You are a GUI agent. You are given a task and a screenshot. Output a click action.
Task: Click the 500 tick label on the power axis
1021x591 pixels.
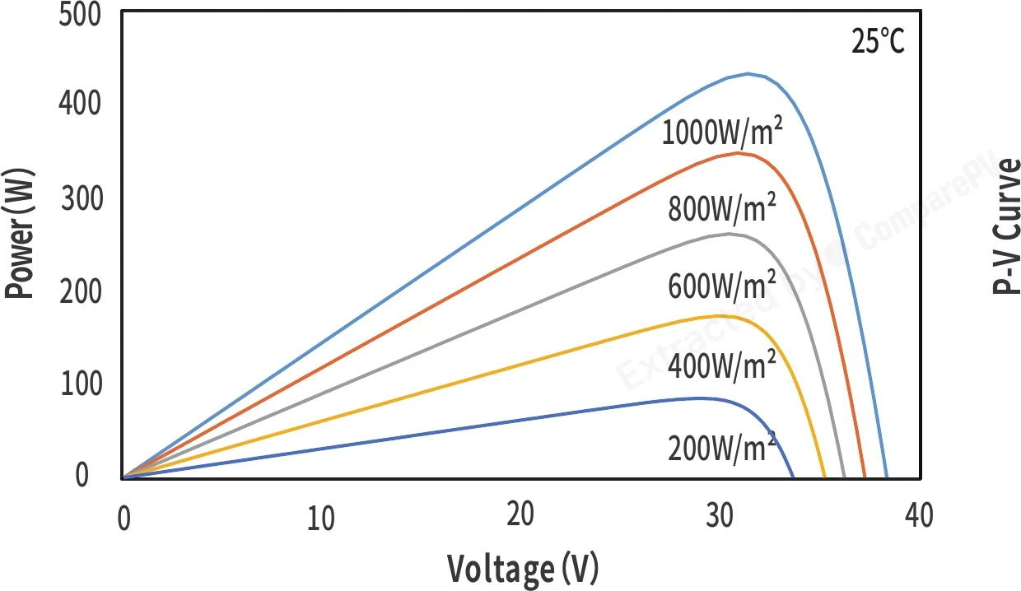coord(80,15)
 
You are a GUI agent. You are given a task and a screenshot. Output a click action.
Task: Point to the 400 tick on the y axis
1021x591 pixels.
coord(80,103)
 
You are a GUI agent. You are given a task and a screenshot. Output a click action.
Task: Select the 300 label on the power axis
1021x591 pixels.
coord(82,198)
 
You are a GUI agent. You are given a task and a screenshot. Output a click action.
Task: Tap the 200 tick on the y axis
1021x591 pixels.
coord(81,292)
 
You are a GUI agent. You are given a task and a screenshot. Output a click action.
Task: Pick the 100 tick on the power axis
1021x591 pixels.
coord(82,384)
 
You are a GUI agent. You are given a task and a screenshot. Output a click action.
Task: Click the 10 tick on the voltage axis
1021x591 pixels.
coord(321,519)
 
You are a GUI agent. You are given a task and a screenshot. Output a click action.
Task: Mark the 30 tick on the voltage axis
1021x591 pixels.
coord(720,515)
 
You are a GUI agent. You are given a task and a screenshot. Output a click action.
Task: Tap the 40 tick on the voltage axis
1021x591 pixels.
coord(919,515)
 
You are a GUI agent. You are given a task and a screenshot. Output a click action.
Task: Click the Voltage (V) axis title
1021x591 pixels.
coord(522,570)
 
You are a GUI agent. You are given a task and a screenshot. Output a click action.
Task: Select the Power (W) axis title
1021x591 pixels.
coord(19,233)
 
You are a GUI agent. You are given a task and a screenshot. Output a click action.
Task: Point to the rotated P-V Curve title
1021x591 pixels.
coord(1006,226)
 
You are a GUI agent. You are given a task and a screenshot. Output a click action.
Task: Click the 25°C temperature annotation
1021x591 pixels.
coord(878,41)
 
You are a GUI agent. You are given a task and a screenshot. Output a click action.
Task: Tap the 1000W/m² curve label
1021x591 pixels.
coord(722,131)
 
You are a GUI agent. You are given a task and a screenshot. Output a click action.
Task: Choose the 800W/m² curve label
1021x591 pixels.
coord(722,207)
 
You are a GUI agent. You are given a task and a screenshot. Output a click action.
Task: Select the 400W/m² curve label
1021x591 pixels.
coord(722,365)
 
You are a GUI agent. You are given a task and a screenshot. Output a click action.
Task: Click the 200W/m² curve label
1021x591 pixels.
coord(722,448)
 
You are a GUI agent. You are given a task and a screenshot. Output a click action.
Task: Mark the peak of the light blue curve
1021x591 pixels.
coord(748,74)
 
